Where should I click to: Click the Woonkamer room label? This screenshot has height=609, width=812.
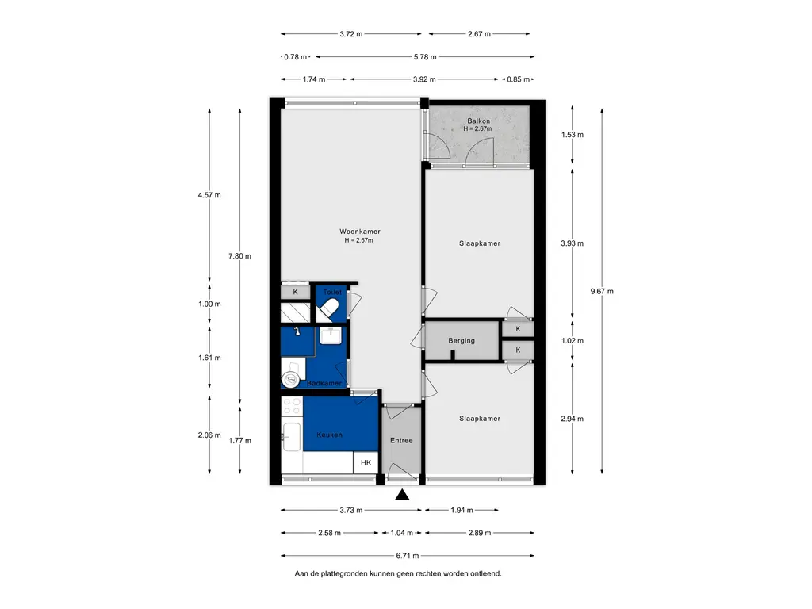pos(360,232)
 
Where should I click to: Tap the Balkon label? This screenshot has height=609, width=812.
pos(478,121)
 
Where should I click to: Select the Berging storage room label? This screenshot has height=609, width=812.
pos(462,341)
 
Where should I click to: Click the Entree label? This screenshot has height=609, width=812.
pos(401,440)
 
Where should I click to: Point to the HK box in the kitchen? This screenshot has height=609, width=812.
pos(366,462)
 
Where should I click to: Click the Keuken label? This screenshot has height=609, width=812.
pos(329,435)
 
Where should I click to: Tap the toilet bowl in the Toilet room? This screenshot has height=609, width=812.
pos(329,311)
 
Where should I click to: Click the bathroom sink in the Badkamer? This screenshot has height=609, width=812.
pos(330,335)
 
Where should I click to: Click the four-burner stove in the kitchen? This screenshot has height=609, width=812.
pos(292,407)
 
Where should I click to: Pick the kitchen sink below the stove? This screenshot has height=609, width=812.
pos(292,437)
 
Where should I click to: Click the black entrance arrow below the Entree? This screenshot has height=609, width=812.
pos(402,495)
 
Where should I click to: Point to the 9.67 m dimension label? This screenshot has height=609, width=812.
pos(602,292)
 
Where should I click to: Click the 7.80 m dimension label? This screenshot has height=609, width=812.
pos(239,256)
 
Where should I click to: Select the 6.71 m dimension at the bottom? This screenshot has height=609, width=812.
pos(408,556)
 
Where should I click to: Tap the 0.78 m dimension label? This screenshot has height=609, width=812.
pos(295,57)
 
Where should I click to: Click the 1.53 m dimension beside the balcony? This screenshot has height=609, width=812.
pos(573,135)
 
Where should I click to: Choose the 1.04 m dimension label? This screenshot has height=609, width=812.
pos(402,533)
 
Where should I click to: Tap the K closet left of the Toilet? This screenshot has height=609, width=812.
pos(295,292)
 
